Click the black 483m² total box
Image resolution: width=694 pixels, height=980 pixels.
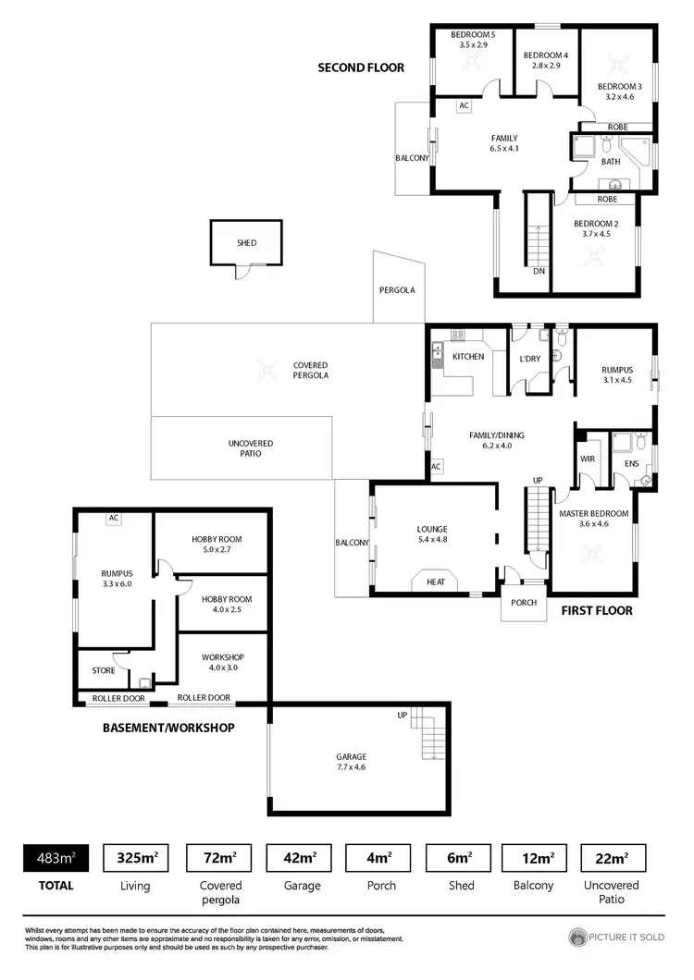click(x=55, y=859)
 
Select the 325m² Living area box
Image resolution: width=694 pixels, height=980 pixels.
click(x=135, y=859)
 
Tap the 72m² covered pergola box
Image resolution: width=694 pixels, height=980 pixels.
click(x=218, y=859)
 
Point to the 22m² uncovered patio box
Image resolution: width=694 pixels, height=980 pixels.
click(x=612, y=859)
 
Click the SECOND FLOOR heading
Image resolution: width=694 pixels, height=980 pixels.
click(x=361, y=67)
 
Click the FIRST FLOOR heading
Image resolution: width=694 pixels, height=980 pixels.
click(x=597, y=610)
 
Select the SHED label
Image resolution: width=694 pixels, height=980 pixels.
click(x=246, y=243)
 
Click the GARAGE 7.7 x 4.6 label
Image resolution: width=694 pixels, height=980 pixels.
click(x=352, y=762)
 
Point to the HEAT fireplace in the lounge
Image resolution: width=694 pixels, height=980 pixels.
click(x=436, y=582)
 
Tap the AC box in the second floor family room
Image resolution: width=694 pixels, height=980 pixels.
click(x=465, y=105)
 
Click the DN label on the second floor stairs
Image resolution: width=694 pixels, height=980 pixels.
click(x=539, y=272)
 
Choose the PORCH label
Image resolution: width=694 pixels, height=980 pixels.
click(x=524, y=603)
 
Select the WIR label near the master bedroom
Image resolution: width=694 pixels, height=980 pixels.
click(x=586, y=458)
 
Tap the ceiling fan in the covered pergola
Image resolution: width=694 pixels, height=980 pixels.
click(x=266, y=371)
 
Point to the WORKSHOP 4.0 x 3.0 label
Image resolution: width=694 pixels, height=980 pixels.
click(x=223, y=663)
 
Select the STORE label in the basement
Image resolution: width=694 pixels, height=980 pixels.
click(x=104, y=671)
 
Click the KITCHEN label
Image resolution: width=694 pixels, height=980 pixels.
click(x=468, y=356)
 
